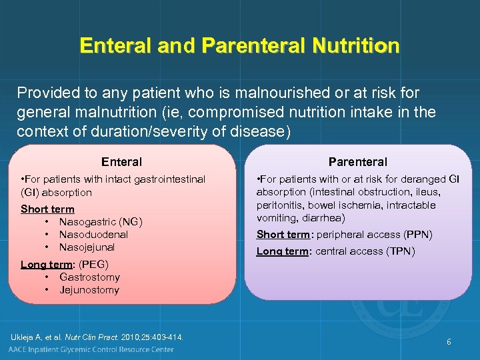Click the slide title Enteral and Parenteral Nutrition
click(239, 45)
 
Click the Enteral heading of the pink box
click(121, 161)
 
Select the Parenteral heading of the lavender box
click(357, 161)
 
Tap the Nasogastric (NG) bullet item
click(101, 222)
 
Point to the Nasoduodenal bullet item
click(93, 235)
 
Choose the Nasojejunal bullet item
click(87, 247)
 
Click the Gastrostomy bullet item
click(89, 277)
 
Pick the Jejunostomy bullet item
click(89, 290)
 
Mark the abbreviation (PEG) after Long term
click(93, 265)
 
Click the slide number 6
click(449, 342)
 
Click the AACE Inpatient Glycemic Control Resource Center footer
click(91, 349)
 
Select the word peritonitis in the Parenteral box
click(279, 205)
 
